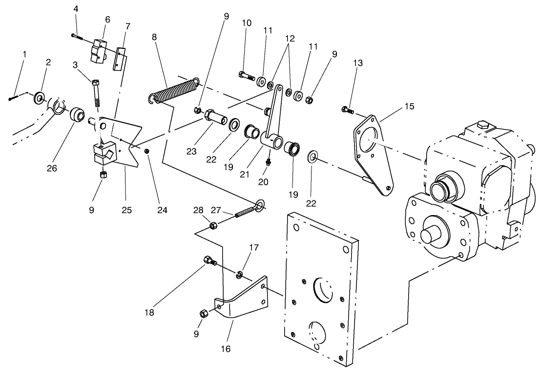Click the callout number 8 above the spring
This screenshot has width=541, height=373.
(x=155, y=37)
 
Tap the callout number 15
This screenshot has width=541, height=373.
(x=409, y=106)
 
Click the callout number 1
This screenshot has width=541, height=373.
(x=24, y=53)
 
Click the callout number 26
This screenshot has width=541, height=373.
(x=52, y=168)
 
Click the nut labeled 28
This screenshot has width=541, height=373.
(x=213, y=226)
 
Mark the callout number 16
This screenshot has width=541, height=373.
(x=226, y=349)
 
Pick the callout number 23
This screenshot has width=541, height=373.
(x=191, y=152)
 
